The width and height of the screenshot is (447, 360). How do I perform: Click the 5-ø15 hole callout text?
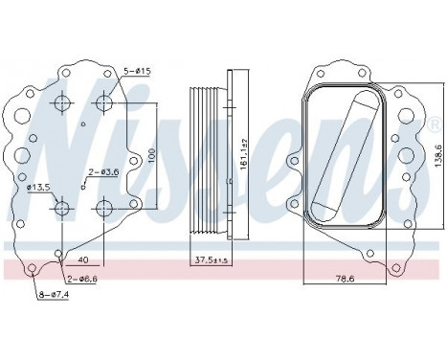tap(142, 72)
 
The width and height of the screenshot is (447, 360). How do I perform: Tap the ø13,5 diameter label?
tap(40, 186)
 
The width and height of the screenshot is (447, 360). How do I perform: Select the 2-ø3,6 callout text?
tap(103, 172)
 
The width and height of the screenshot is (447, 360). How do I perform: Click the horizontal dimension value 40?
tap(84, 259)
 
